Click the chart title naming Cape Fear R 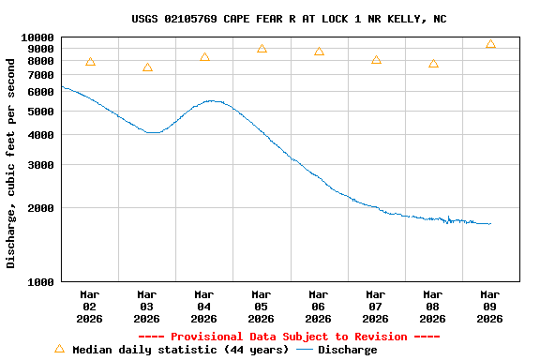(289, 19)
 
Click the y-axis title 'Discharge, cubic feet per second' (11, 163)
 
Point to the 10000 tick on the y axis (37, 37)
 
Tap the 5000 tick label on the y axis (41, 112)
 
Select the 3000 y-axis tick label (41, 165)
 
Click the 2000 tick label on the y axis (41, 208)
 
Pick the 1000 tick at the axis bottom (41, 282)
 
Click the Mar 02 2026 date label (90, 307)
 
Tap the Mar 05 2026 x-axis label (262, 307)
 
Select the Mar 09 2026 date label (490, 307)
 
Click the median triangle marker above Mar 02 (90, 62)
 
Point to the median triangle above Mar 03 (147, 67)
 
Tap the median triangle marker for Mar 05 (262, 49)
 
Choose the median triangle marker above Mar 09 (490, 44)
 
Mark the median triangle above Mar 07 (376, 60)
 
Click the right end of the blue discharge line (490, 223)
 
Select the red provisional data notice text (289, 337)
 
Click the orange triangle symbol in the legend (59, 349)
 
